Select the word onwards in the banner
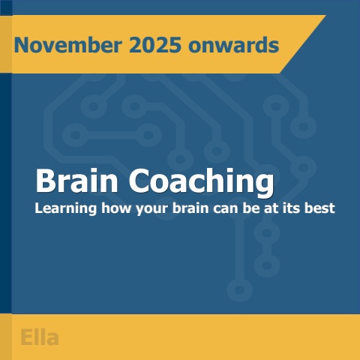(x=232, y=45)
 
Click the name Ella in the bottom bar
(x=40, y=337)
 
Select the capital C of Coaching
(x=140, y=181)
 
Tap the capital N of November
(x=21, y=45)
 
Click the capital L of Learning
(x=39, y=208)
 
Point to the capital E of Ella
(x=26, y=337)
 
